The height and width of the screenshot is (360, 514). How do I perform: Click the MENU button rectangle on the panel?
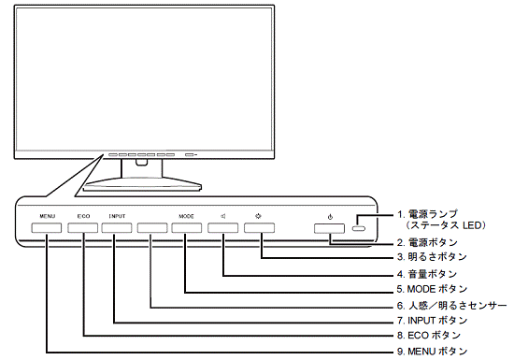pyautogui.click(x=48, y=227)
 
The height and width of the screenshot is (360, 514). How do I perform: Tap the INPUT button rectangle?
pyautogui.click(x=116, y=227)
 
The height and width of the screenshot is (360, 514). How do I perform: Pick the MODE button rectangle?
pyautogui.click(x=186, y=227)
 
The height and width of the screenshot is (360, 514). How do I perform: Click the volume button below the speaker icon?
pyautogui.click(x=224, y=227)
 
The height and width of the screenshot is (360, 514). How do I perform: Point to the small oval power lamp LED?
pyautogui.click(x=361, y=227)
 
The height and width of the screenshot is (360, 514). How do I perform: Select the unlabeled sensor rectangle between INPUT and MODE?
pyautogui.click(x=151, y=227)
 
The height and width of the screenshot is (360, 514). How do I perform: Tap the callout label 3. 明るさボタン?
pyautogui.click(x=430, y=256)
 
